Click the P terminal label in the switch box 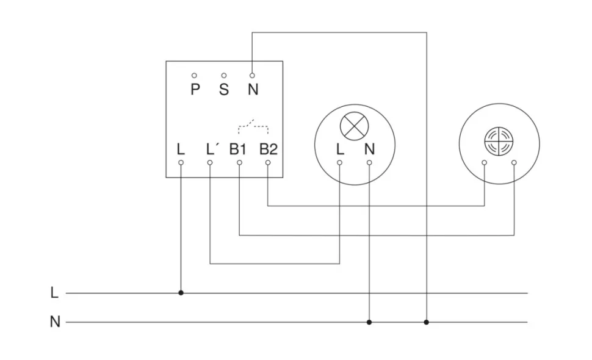(195, 90)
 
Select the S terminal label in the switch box (224, 90)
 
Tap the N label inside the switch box (253, 90)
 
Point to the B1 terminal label (238, 149)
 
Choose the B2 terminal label (268, 149)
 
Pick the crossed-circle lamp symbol (355, 126)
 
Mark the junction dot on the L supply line (181, 293)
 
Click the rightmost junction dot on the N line (427, 322)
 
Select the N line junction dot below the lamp (369, 322)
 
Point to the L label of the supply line (54, 293)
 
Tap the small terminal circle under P (195, 75)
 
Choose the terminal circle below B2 (268, 163)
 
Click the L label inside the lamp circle (340, 149)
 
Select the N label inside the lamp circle (369, 149)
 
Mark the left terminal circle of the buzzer (484, 163)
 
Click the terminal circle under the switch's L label (181, 163)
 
